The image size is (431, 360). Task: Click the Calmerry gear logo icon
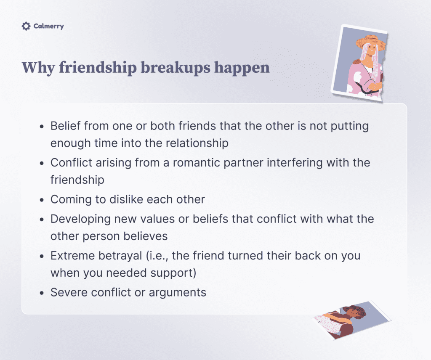[x=26, y=26]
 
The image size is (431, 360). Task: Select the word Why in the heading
[x=37, y=67]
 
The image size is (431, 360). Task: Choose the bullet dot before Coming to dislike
[x=41, y=199]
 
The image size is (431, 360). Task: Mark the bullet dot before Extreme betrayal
[x=41, y=256]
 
